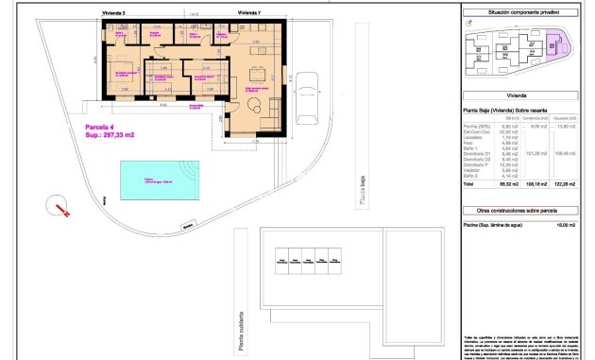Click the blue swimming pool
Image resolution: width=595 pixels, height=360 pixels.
coord(145,179)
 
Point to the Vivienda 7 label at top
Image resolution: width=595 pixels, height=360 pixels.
coord(248,13)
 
